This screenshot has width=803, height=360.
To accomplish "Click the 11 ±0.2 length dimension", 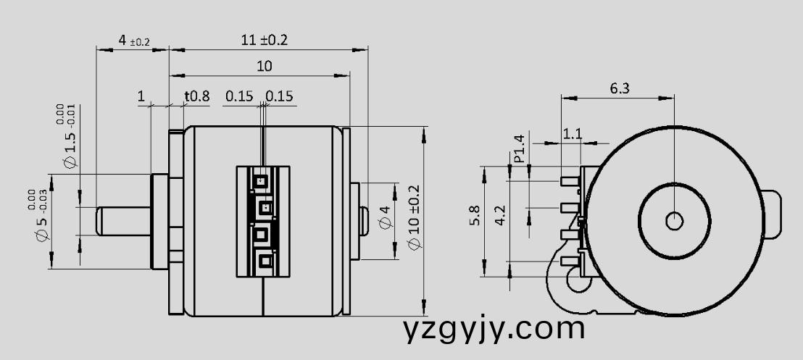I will click(x=264, y=40).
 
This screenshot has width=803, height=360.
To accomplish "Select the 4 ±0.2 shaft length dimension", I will click(x=133, y=41).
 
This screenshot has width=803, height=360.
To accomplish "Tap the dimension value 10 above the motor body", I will click(x=264, y=66).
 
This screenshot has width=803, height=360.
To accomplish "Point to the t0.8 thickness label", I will click(x=196, y=96).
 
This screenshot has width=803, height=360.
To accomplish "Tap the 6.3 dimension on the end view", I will click(x=620, y=88).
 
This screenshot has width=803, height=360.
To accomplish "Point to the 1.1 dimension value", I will click(x=573, y=134).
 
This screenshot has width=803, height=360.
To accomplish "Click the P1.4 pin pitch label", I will click(x=519, y=148).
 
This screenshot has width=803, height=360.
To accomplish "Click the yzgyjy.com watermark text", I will click(x=494, y=328).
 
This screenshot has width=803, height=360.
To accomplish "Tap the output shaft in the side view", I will click(x=123, y=220).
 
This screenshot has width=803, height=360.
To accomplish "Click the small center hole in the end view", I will click(x=674, y=220).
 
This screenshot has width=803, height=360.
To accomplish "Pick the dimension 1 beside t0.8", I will click(x=141, y=96).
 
